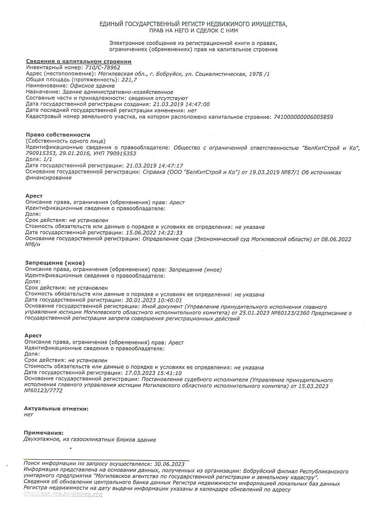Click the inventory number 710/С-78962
click(x=102, y=68)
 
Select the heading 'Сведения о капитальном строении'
click(x=78, y=62)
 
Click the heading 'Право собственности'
click(x=58, y=135)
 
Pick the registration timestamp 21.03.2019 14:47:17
click(x=154, y=165)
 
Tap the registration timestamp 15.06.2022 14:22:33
click(x=154, y=233)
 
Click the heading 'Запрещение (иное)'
click(x=55, y=263)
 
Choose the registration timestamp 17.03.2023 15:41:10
click(x=153, y=373)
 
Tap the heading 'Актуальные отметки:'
click(x=56, y=409)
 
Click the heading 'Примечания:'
click(x=44, y=433)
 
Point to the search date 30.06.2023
click(x=169, y=464)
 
